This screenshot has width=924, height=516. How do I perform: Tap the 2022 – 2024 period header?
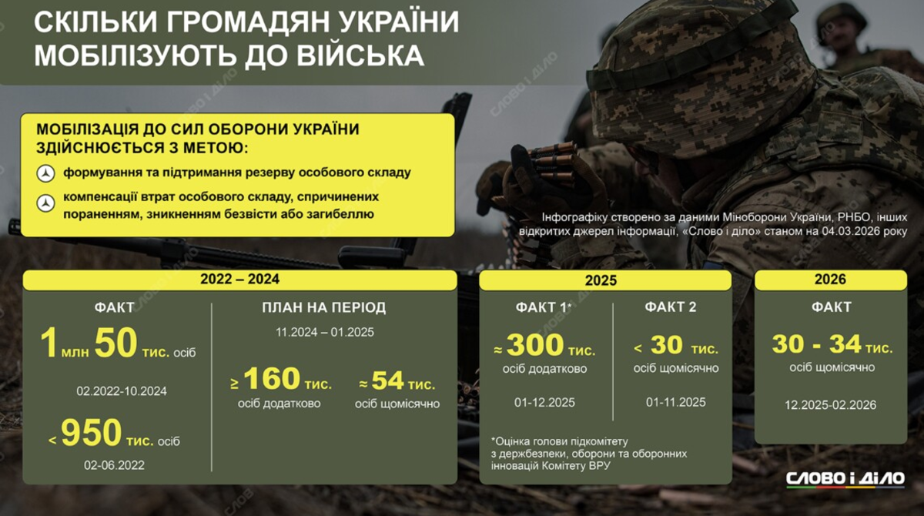coord(239,280)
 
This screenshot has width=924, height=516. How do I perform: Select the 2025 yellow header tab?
coord(605,280)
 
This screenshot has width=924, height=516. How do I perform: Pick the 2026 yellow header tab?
coord(830,280)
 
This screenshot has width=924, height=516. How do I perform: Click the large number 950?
coord(91,433)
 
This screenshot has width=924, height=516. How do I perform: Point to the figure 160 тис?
coord(287,379)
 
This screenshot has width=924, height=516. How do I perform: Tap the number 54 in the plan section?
coord(387,380)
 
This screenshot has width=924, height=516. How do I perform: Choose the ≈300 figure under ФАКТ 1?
coord(534,345)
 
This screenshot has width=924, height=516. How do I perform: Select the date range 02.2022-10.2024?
coord(122,391)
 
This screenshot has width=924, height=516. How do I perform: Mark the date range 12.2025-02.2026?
coord(830,405)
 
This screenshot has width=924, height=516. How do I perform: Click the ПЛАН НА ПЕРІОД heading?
coord(324,308)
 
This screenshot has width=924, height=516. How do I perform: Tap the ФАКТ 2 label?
coord(671,307)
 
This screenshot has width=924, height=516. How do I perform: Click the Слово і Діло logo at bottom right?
coord(845,480)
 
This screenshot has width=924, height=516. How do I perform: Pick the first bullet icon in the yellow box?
coord(45,173)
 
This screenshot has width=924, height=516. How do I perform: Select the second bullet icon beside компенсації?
coord(45,203)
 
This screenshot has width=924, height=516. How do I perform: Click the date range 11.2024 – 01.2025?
coord(325,333)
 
